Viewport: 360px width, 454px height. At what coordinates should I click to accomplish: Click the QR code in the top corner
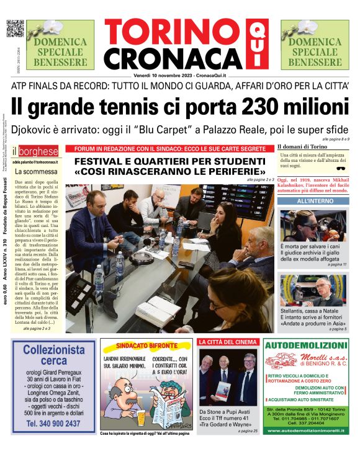click(15, 29)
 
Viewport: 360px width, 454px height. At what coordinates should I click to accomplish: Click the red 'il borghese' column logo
click(37, 151)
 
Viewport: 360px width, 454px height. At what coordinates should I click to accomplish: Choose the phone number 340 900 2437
click(53, 424)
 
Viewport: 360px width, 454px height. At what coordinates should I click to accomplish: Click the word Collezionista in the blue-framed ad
click(53, 349)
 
